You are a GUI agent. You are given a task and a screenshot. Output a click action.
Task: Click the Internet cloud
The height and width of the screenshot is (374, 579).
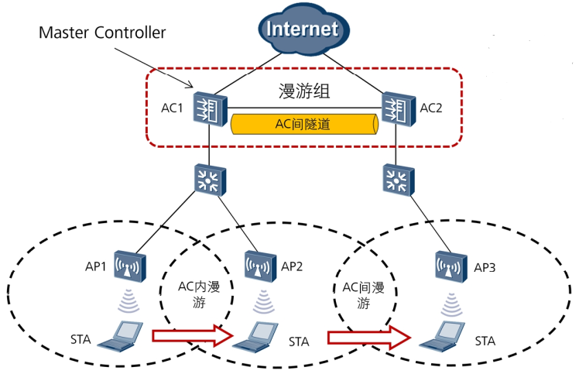[303, 32]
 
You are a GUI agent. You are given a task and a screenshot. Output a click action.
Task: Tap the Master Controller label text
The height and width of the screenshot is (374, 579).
[103, 33]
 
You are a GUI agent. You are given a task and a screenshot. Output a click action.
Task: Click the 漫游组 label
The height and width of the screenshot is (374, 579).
[304, 91]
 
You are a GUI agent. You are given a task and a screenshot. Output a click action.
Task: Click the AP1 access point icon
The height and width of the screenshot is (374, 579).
[126, 266]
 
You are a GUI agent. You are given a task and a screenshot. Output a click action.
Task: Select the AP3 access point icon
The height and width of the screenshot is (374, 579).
[449, 267]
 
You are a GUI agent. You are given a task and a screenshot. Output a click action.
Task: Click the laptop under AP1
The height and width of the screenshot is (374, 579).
[124, 334]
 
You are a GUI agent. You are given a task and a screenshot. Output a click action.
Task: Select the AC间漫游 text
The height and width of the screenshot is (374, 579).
[363, 294]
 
